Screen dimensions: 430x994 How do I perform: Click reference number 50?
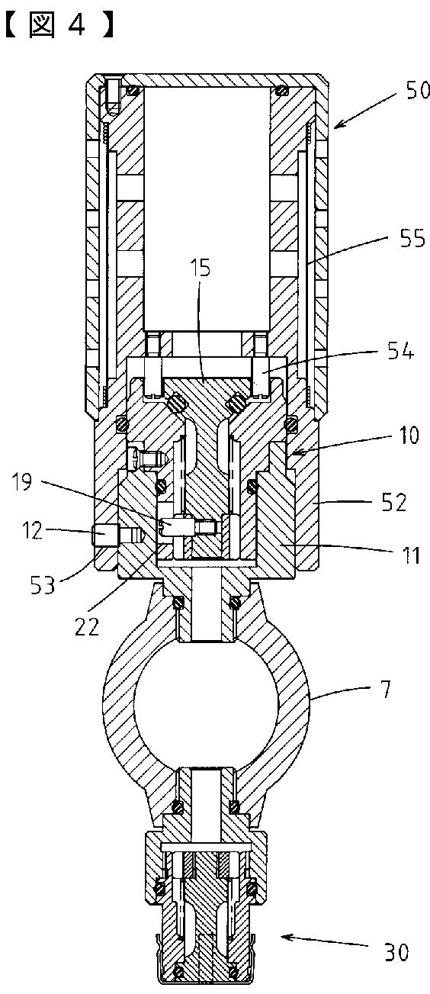[417, 90]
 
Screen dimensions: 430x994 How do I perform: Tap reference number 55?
[412, 240]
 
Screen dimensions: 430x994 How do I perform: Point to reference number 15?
[201, 269]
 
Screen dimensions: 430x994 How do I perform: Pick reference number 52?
[393, 503]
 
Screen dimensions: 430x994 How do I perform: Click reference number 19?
[21, 481]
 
